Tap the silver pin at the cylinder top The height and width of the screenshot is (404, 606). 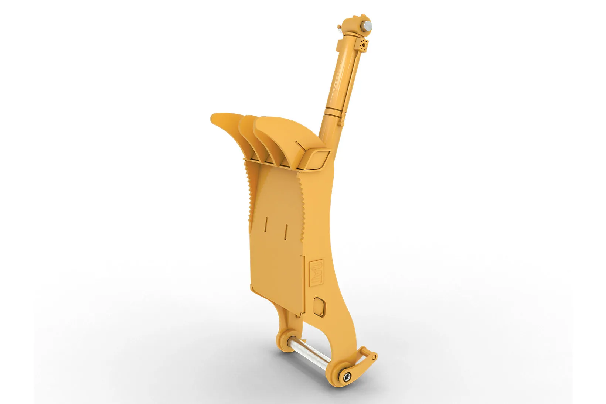coord(368,26)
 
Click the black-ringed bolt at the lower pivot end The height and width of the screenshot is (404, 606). coord(347,376)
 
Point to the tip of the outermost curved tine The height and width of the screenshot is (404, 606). coord(212,118)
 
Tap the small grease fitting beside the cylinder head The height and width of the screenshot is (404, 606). coord(339,27)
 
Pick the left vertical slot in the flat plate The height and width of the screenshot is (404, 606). coord(266,224)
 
